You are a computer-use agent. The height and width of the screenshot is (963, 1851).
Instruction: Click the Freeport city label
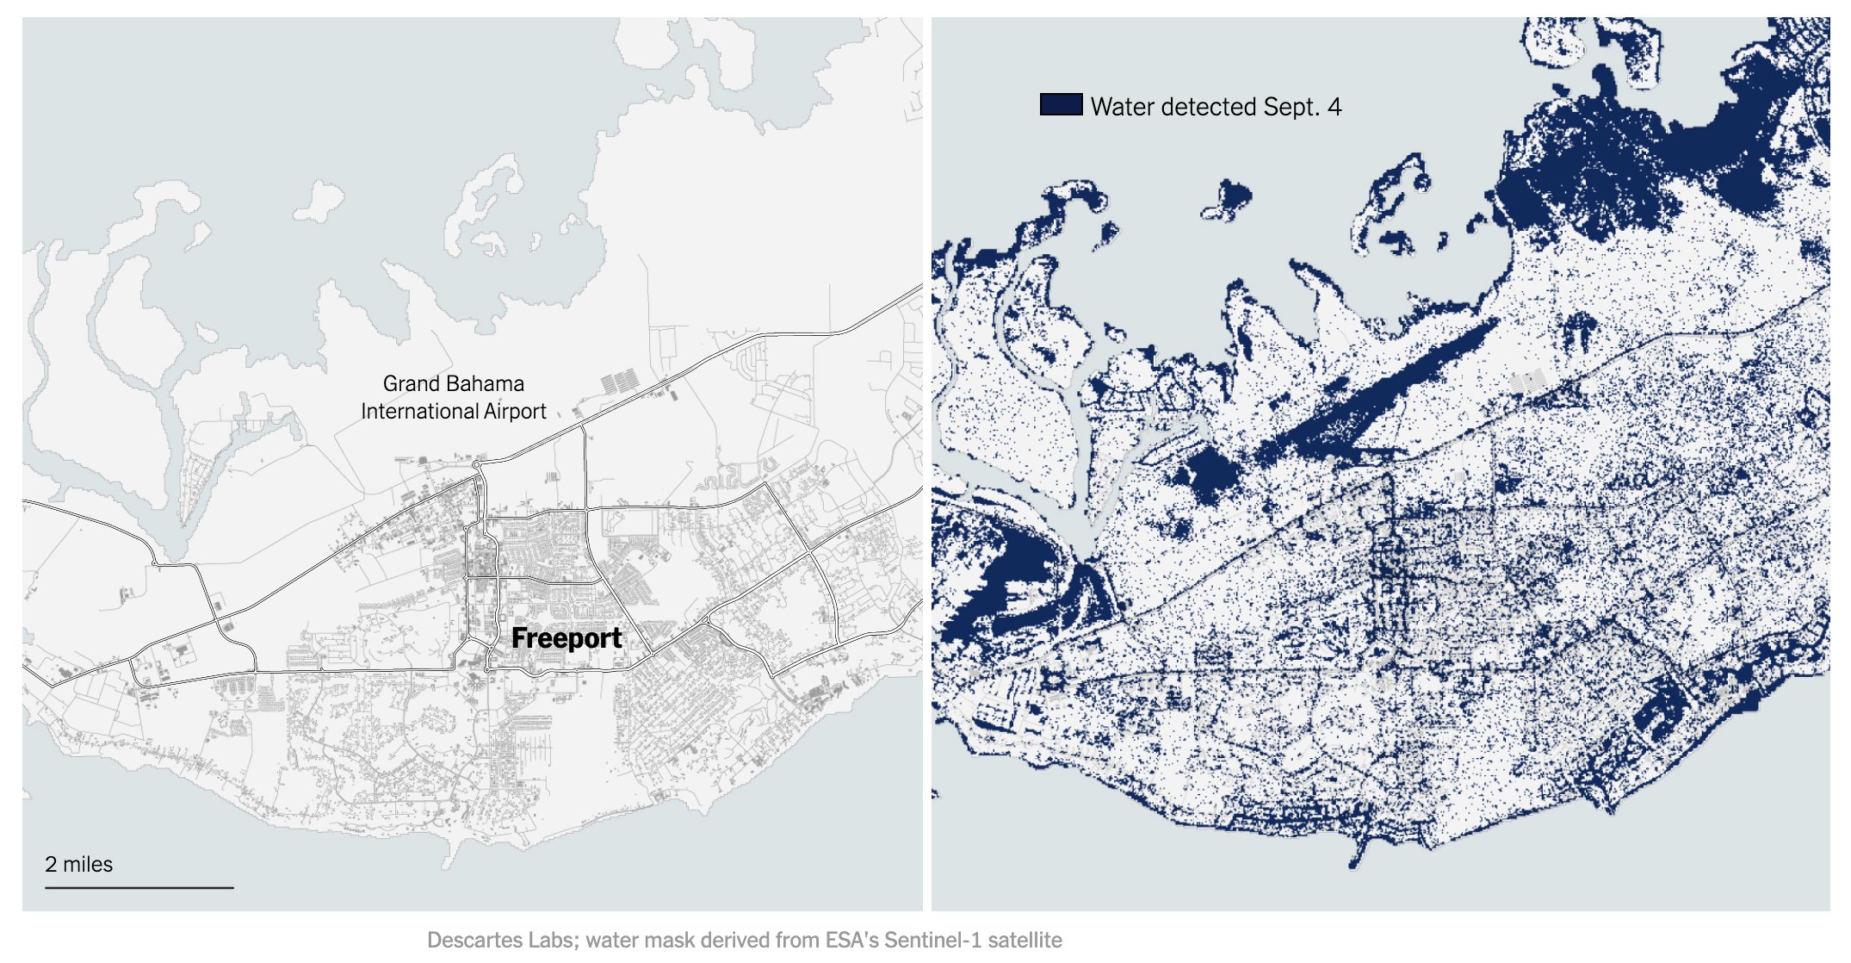tap(566, 638)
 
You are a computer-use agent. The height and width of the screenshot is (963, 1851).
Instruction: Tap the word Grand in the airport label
tap(409, 383)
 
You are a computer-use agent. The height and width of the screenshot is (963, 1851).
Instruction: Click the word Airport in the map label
tap(515, 412)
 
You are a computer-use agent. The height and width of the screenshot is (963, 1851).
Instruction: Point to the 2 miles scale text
tap(78, 864)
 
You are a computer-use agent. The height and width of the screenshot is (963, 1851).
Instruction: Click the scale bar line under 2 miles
tap(139, 887)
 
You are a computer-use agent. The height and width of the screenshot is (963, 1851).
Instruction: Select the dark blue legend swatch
tap(1061, 105)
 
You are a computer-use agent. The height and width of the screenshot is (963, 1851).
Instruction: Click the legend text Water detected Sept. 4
tap(1215, 107)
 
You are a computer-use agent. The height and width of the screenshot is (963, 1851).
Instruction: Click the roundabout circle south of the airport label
tap(476, 465)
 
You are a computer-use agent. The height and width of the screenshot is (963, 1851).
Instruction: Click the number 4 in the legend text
tap(1334, 107)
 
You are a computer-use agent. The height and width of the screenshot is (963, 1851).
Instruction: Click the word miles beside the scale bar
tap(88, 864)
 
